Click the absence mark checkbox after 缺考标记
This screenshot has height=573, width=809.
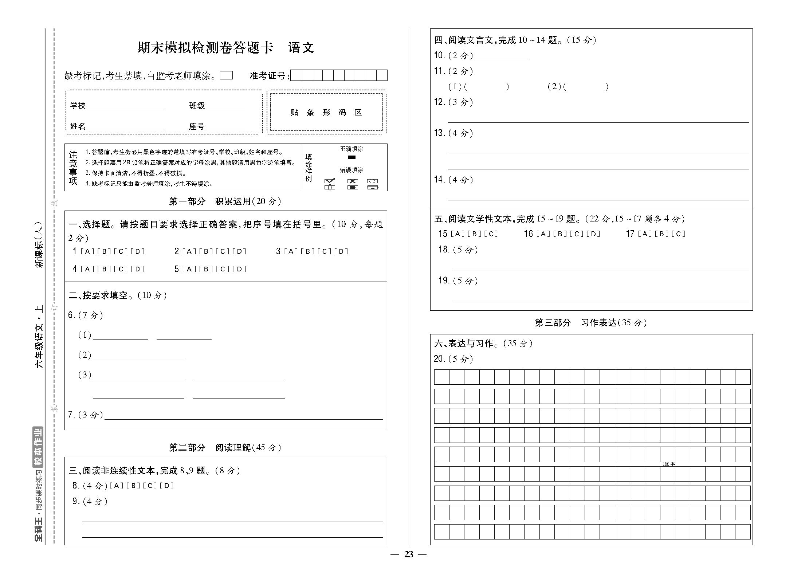point(227,75)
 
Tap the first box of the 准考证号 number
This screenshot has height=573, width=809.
point(296,75)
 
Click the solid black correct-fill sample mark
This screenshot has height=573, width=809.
point(352,157)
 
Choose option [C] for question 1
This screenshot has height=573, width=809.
point(121,251)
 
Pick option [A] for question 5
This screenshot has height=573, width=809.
point(189,269)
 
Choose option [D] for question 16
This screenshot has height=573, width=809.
point(593,234)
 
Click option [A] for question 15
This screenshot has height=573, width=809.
point(457,234)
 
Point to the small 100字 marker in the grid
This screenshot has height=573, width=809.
point(668,464)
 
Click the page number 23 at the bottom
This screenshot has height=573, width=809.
point(409,554)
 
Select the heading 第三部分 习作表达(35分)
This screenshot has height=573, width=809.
point(590,323)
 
